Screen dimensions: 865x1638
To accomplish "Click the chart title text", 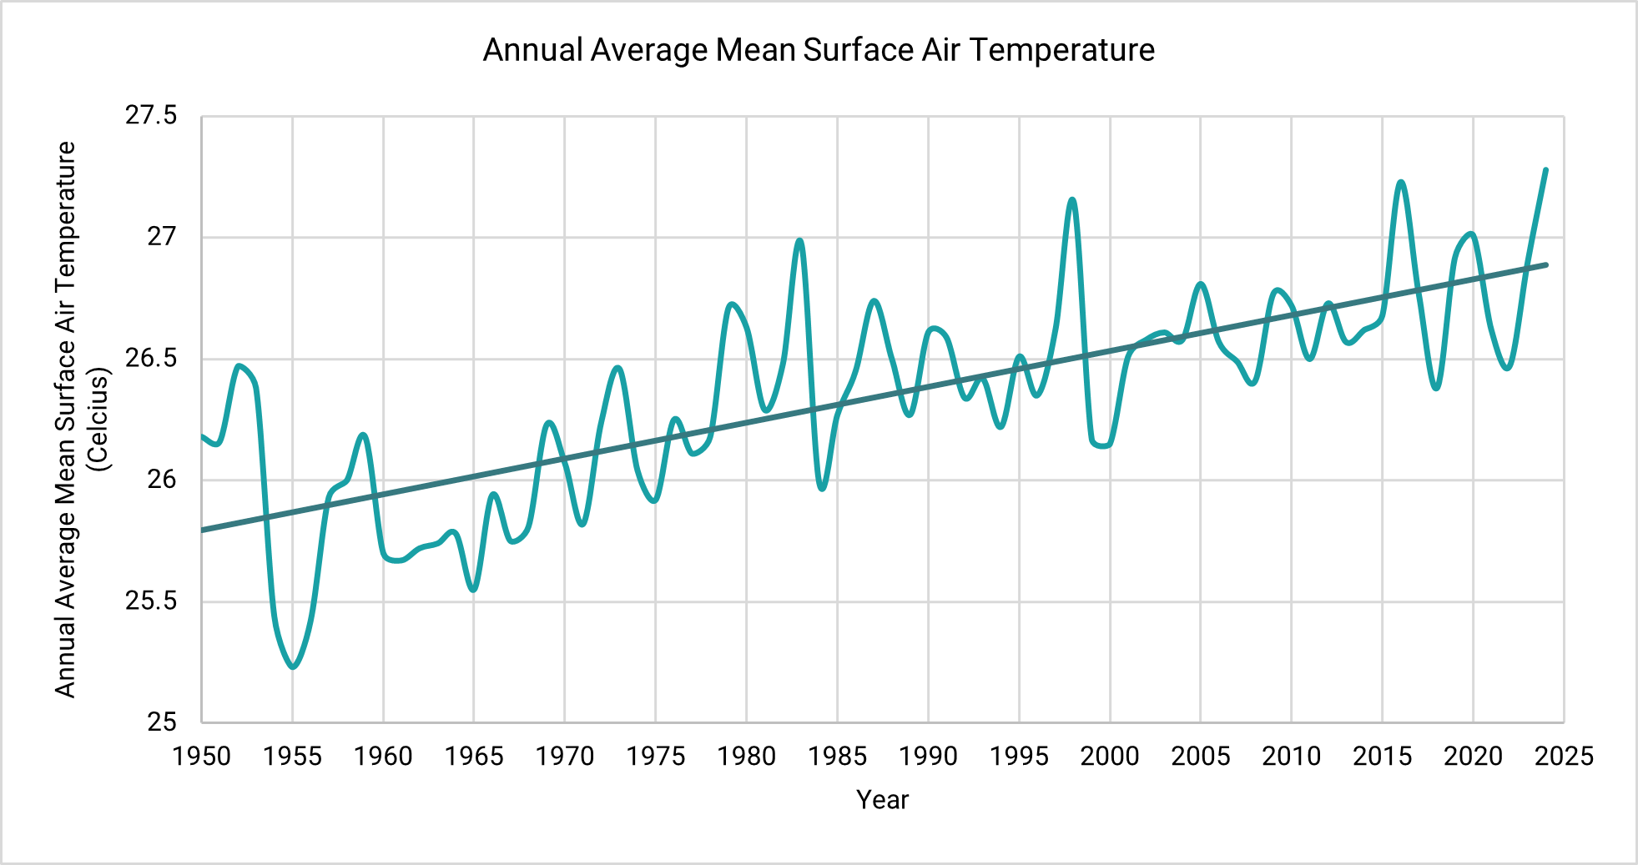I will tap(819, 50).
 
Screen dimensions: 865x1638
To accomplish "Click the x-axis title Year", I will tap(882, 799).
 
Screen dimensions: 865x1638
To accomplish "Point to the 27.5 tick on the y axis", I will tap(151, 115).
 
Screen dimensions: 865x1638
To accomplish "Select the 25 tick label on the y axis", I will tap(162, 722).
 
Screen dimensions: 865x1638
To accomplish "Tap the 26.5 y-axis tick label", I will tap(151, 359).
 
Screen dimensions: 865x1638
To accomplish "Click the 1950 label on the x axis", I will tap(201, 757).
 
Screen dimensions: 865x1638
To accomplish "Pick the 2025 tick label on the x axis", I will tap(1564, 757).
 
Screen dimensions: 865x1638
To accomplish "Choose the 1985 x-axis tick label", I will tap(837, 757).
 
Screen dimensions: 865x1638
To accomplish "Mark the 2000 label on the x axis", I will tap(1110, 757).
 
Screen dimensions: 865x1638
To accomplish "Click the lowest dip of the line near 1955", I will tap(293, 667).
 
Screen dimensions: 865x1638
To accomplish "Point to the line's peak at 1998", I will tap(1073, 199).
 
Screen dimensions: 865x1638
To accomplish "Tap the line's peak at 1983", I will tap(800, 240).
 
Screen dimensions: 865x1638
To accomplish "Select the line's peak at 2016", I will tap(1401, 182).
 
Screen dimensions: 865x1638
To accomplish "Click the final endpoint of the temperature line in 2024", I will tap(1546, 169).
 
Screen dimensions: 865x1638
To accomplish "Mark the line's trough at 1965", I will tap(474, 591).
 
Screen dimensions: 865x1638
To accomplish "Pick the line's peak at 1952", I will tap(239, 365).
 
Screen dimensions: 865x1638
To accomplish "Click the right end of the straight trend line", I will tap(1546, 264).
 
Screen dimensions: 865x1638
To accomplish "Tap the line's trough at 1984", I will tap(822, 489).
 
